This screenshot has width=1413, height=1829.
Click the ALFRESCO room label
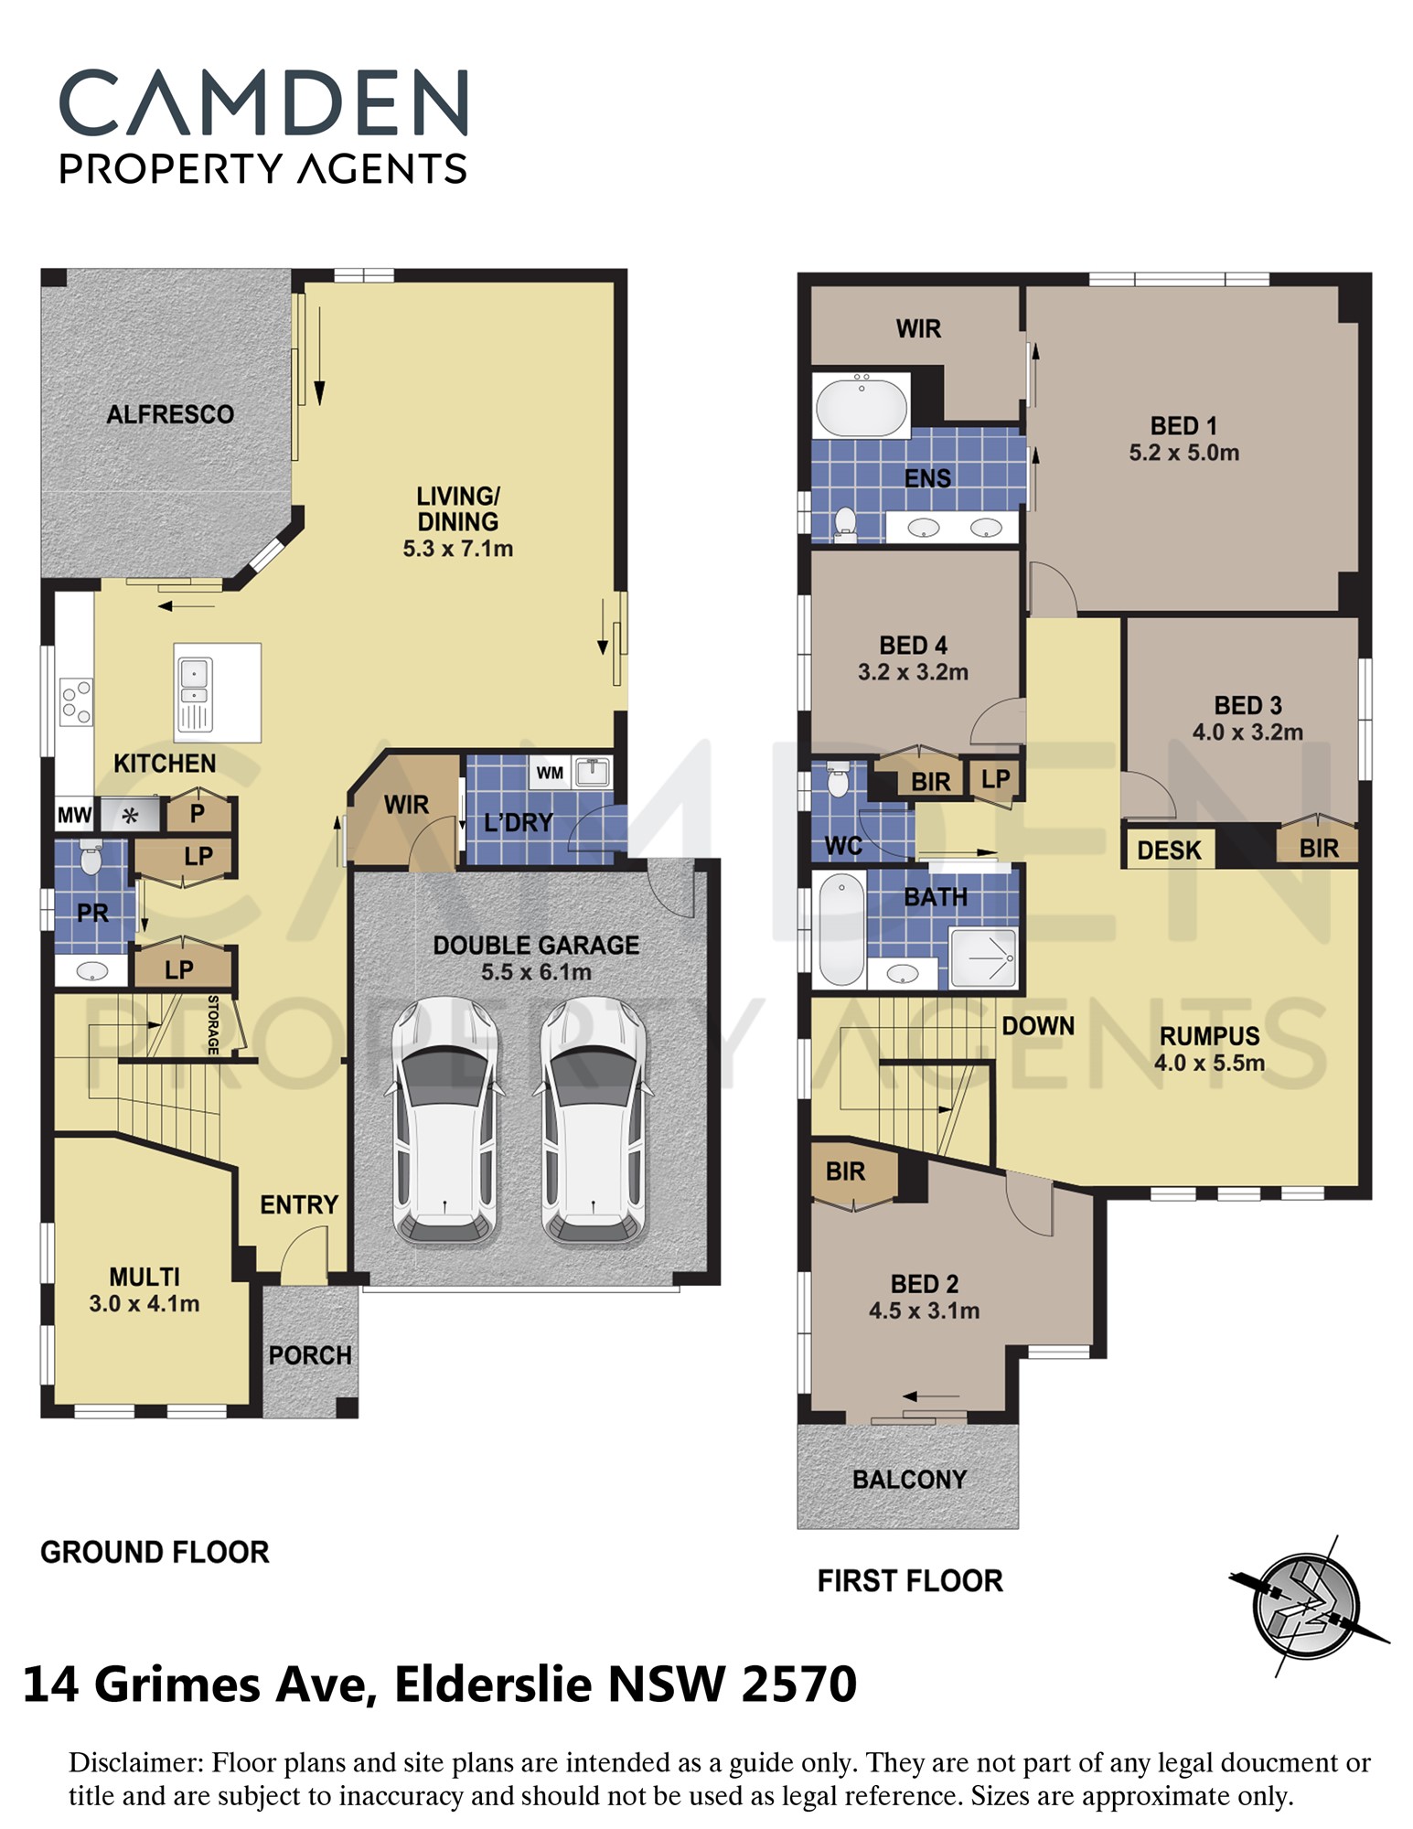(170, 414)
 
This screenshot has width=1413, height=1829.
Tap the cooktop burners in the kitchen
(76, 701)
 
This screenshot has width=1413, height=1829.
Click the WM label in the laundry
(550, 773)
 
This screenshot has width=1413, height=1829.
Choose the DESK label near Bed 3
(1169, 850)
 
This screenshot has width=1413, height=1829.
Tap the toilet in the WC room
(838, 780)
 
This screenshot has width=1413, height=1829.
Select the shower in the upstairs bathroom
(983, 957)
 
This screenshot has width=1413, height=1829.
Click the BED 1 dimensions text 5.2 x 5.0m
(1183, 453)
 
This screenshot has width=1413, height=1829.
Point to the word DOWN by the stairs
(1038, 1026)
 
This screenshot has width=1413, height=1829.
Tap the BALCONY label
(909, 1480)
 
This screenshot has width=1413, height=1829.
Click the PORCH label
(310, 1355)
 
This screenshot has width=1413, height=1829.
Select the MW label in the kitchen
(74, 815)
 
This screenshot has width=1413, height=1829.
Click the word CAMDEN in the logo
(264, 102)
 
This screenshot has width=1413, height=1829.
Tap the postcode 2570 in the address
(799, 1684)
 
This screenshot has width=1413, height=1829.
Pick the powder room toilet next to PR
(91, 857)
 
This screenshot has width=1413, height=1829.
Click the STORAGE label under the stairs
(213, 1025)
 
